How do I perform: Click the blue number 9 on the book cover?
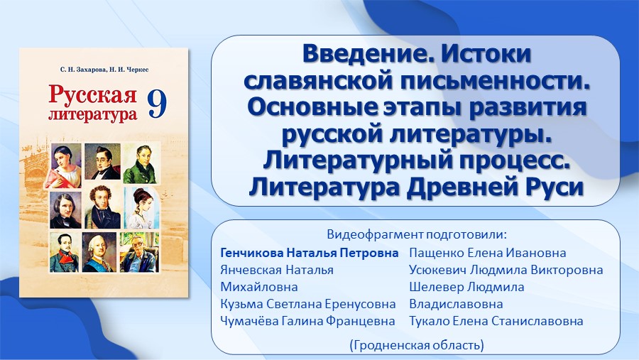pyautogui.click(x=157, y=104)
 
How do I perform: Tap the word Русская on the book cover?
pyautogui.click(x=92, y=94)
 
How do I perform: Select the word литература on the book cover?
pyautogui.click(x=92, y=114)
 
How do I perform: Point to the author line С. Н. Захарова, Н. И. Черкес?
pyautogui.click(x=104, y=70)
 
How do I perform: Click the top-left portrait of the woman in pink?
pyautogui.click(x=65, y=165)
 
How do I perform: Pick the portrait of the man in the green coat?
pyautogui.click(x=141, y=163)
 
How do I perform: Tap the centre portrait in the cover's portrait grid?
pyautogui.click(x=102, y=207)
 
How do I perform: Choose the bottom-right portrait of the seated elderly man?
pyautogui.click(x=139, y=252)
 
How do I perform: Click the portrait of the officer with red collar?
pyautogui.click(x=65, y=252)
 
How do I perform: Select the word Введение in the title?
pyautogui.click(x=366, y=54)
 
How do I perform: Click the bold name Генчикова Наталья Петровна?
pyautogui.click(x=310, y=253)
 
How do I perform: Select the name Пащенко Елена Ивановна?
pyautogui.click(x=487, y=253)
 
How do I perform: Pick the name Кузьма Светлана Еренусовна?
pyautogui.click(x=307, y=304)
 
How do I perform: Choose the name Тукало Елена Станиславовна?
pyautogui.click(x=496, y=321)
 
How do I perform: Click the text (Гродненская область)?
pyautogui.click(x=417, y=345)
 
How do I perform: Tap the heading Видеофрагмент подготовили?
pyautogui.click(x=417, y=235)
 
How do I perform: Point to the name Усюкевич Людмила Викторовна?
pyautogui.click(x=506, y=270)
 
